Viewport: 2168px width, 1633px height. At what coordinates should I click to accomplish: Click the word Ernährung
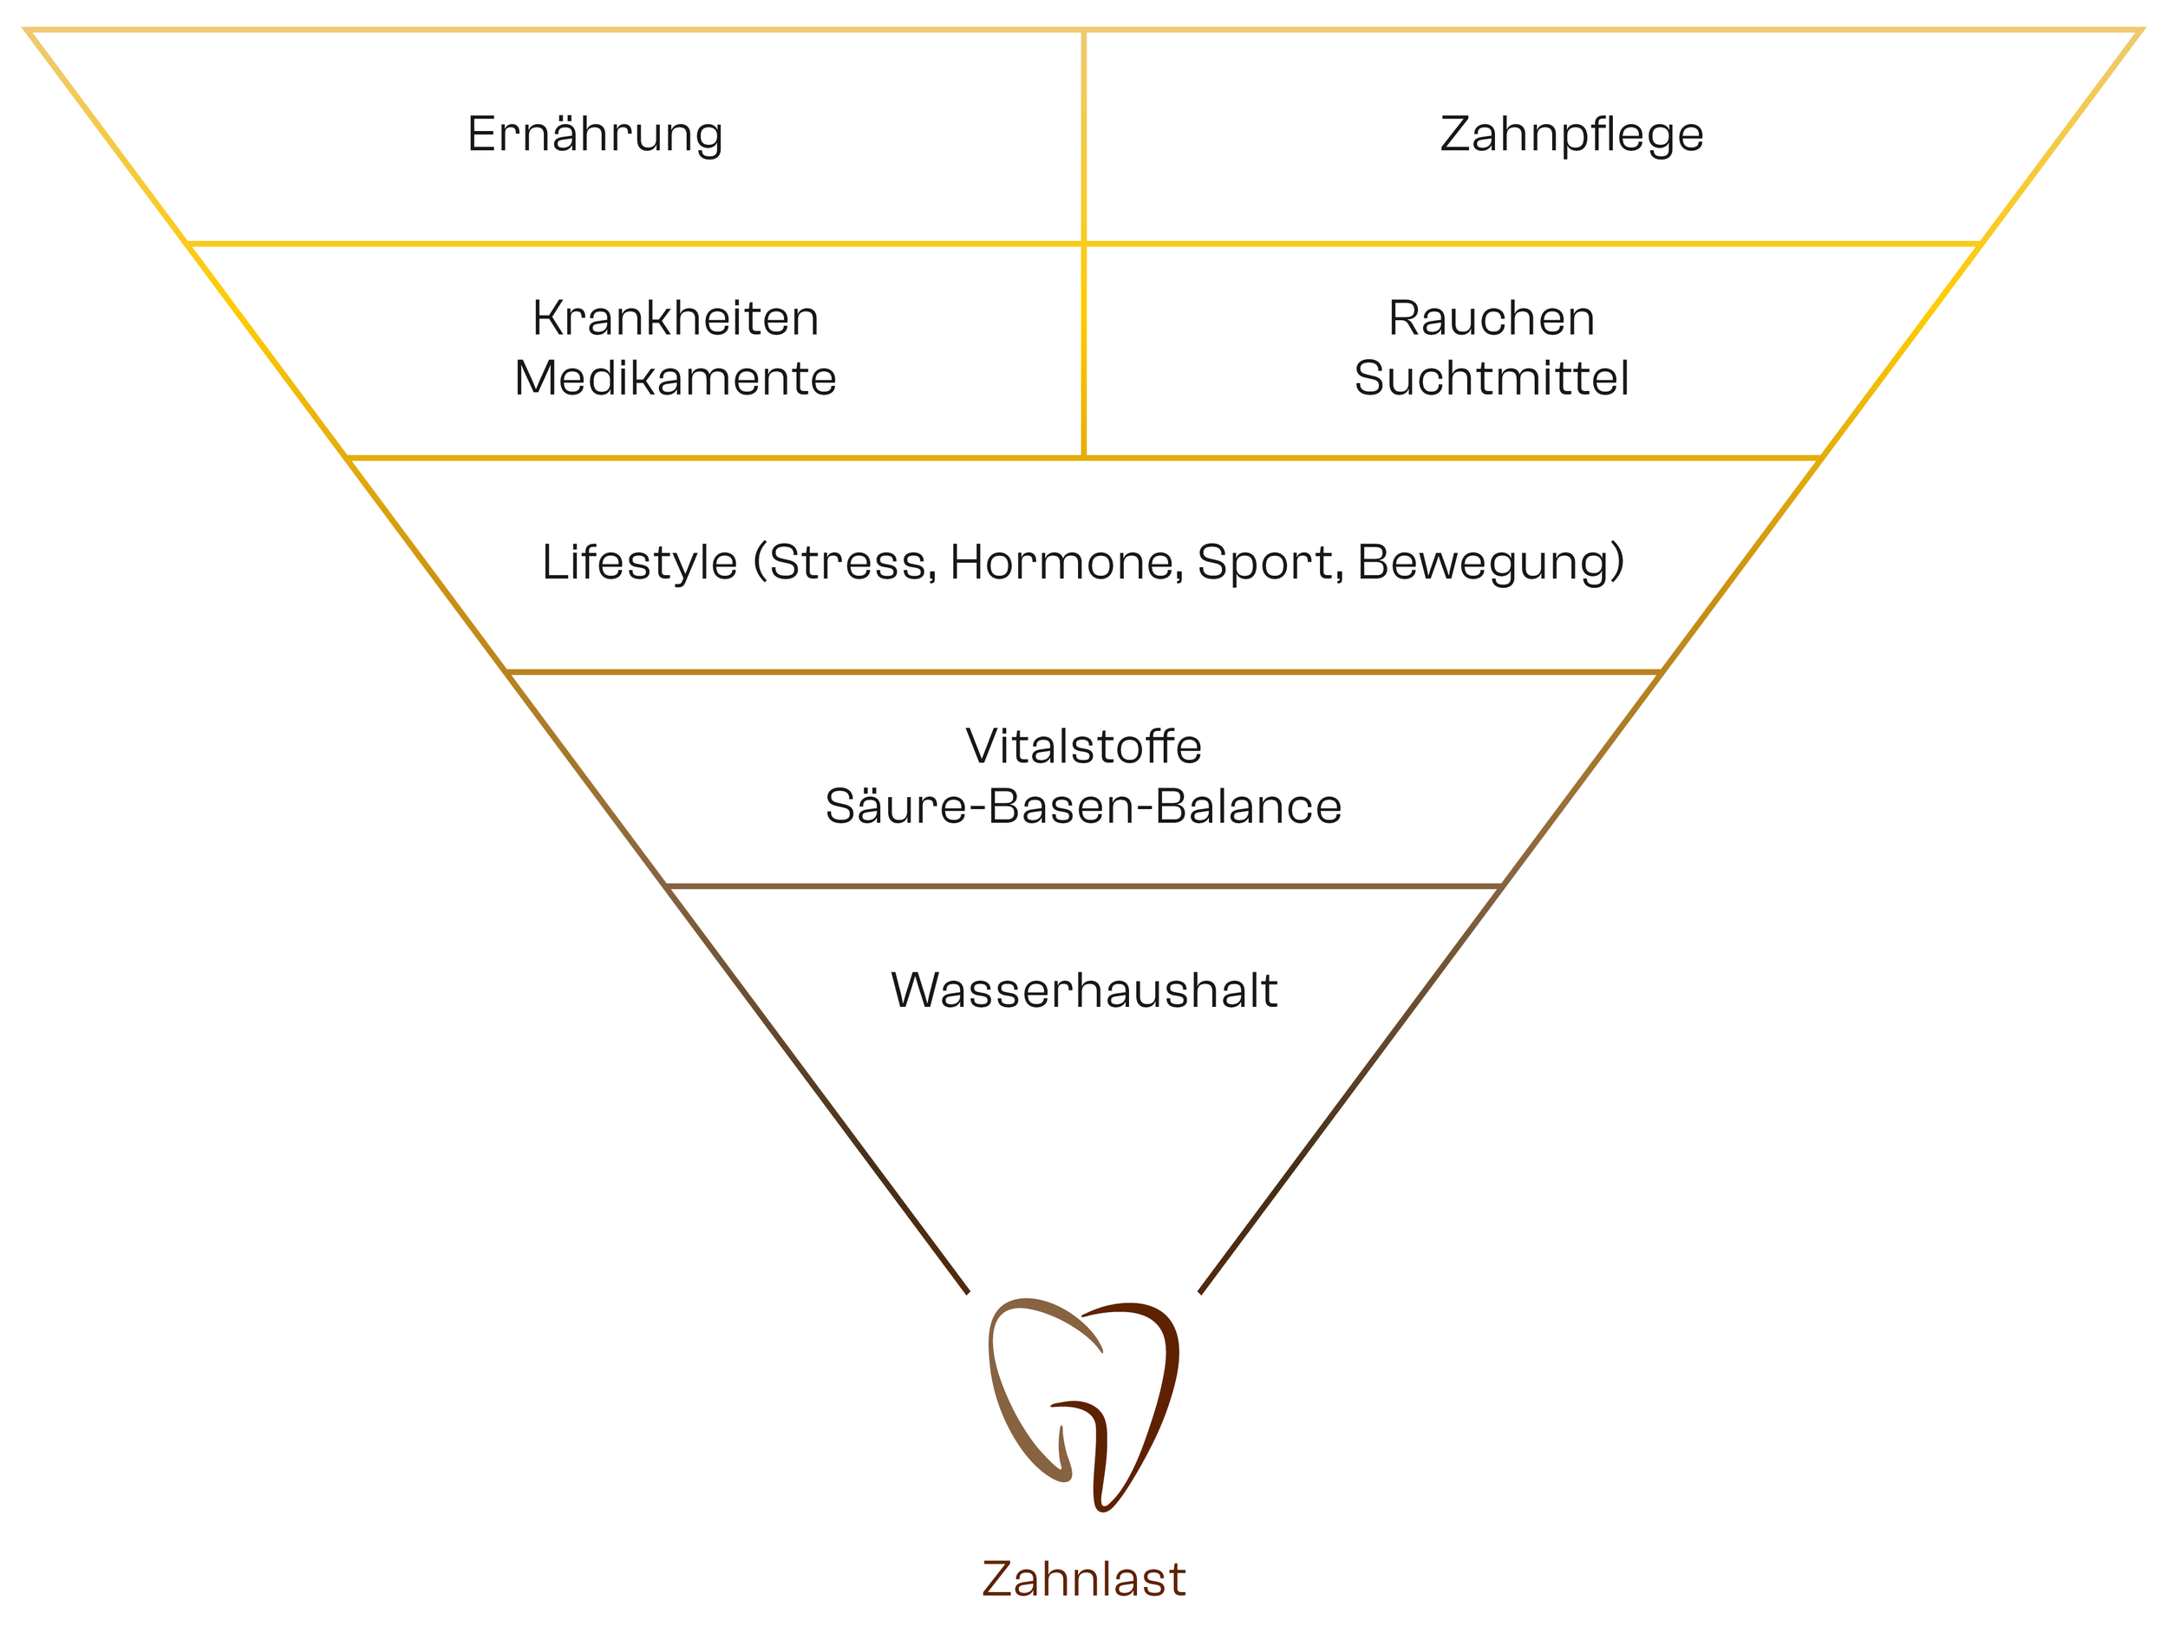point(595,134)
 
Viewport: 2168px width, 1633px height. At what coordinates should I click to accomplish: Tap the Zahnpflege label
point(1571,134)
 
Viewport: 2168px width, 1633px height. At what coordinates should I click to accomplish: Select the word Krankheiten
point(676,318)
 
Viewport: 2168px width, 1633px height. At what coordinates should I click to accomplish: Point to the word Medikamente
point(676,378)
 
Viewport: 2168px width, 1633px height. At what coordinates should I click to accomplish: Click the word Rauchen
point(1491,318)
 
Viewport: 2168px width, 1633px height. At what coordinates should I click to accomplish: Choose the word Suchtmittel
point(1491,378)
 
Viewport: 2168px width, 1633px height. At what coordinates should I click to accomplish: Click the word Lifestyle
point(639,563)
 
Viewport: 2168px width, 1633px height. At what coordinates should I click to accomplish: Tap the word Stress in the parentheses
point(849,563)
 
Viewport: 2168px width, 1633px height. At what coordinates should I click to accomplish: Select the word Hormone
point(1066,563)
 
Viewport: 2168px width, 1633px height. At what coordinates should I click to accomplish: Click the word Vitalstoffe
point(1083,747)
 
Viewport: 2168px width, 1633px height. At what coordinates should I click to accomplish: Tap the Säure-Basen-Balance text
point(1083,807)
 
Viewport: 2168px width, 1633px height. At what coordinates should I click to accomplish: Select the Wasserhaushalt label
point(1084,990)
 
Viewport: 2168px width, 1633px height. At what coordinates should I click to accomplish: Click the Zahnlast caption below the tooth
point(1084,1579)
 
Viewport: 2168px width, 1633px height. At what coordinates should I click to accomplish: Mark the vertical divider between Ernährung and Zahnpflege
point(1083,137)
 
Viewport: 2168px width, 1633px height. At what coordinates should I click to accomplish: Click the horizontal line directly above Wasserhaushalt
point(1084,886)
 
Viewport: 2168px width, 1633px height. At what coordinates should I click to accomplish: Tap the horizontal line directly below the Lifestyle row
point(1084,672)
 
